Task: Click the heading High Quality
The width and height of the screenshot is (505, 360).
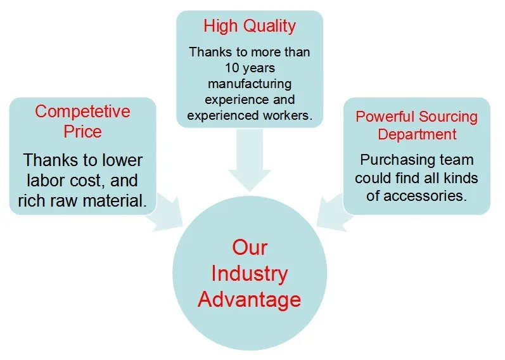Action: (x=249, y=26)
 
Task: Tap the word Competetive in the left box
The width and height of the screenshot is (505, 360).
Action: (x=82, y=112)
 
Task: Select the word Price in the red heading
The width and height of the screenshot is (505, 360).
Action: (x=82, y=132)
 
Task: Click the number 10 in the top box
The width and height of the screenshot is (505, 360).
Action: (x=232, y=67)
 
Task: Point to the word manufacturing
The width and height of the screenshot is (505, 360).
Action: (x=249, y=84)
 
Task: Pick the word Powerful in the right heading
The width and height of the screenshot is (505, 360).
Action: (x=383, y=117)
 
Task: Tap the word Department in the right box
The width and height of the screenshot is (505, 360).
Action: (x=416, y=134)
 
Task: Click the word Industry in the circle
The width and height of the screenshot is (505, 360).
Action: (x=249, y=273)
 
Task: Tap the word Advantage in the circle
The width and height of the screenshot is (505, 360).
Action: (x=249, y=299)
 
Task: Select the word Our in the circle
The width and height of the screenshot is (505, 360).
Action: (x=249, y=247)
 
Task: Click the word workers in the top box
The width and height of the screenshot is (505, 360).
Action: (x=291, y=116)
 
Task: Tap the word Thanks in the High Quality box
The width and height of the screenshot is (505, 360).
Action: (x=210, y=51)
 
